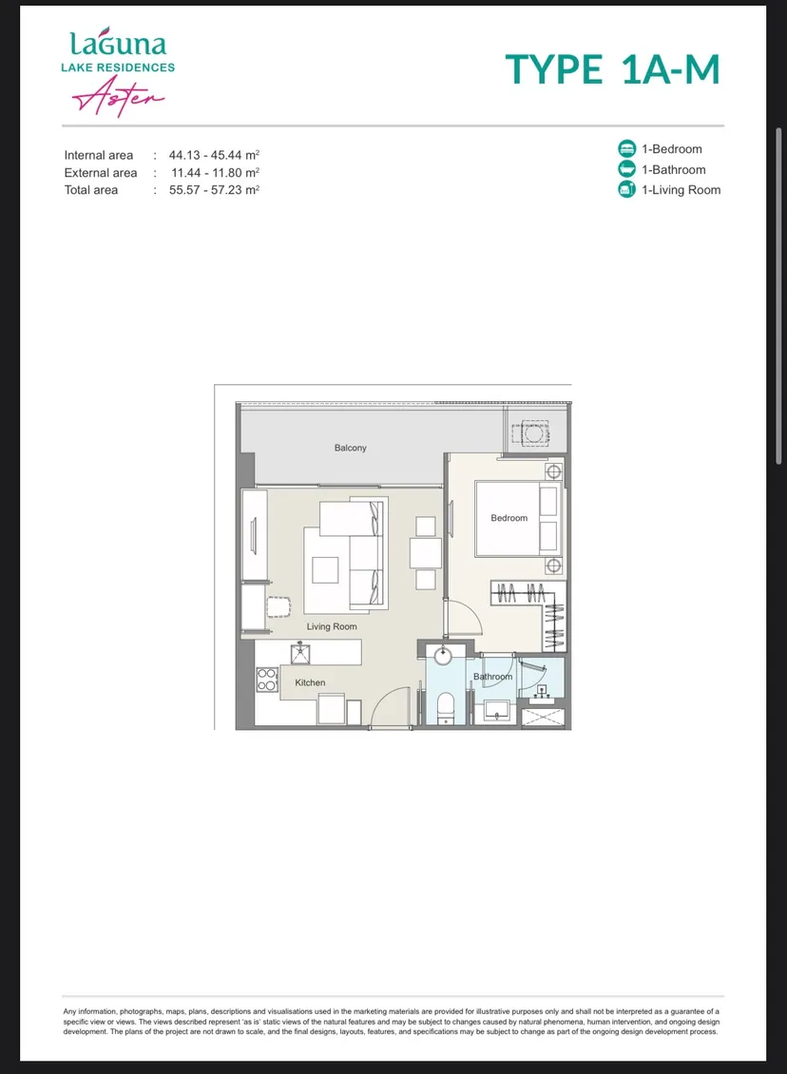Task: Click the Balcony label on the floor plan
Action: tap(350, 448)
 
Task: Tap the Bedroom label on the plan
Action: tap(509, 518)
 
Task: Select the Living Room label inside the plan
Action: tap(332, 626)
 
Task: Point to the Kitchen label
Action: tap(310, 683)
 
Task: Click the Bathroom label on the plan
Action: tap(492, 677)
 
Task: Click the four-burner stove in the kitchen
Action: tap(266, 680)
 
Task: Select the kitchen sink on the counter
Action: tap(300, 654)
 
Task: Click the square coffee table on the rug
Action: tap(325, 570)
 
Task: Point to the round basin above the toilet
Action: tap(443, 656)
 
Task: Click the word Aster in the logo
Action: tap(118, 96)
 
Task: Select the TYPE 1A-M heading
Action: tap(612, 69)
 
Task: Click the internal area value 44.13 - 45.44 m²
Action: tap(215, 155)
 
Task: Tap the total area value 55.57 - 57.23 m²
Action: tap(215, 190)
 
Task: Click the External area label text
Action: tap(101, 173)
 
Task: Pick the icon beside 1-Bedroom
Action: tap(626, 148)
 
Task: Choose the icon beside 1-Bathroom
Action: tap(626, 169)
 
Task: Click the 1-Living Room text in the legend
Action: tap(681, 190)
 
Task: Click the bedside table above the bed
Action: tap(553, 471)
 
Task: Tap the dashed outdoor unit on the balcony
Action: tap(530, 433)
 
